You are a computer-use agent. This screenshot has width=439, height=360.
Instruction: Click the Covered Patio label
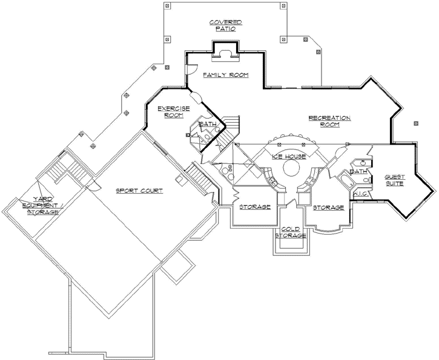click(x=226, y=25)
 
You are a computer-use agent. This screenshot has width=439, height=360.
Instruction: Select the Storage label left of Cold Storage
click(x=254, y=207)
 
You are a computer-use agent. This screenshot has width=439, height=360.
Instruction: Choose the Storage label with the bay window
click(x=328, y=207)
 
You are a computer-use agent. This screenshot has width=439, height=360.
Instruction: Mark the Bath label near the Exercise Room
click(x=208, y=125)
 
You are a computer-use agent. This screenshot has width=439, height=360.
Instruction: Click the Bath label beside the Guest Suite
click(x=358, y=171)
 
